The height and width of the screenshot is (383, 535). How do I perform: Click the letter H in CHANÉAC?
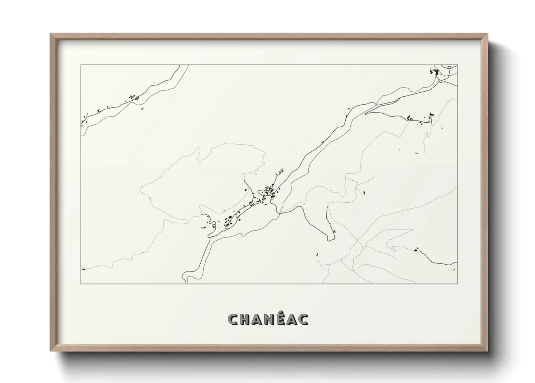(246, 319)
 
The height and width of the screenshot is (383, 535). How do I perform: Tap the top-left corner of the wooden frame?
(51, 34)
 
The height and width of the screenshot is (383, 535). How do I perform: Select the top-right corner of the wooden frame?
(487, 34)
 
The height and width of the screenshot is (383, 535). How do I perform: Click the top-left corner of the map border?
(81, 65)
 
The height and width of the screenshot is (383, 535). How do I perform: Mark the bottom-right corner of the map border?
(457, 283)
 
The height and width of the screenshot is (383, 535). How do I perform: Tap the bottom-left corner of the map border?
(81, 283)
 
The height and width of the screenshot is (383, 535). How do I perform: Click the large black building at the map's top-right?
(435, 72)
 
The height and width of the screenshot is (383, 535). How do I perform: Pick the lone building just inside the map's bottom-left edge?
(83, 269)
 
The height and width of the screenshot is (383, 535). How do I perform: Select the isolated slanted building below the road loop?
(317, 254)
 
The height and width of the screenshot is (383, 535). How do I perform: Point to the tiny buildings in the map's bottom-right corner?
(454, 269)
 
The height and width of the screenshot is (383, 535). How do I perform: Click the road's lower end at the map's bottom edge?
(187, 282)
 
